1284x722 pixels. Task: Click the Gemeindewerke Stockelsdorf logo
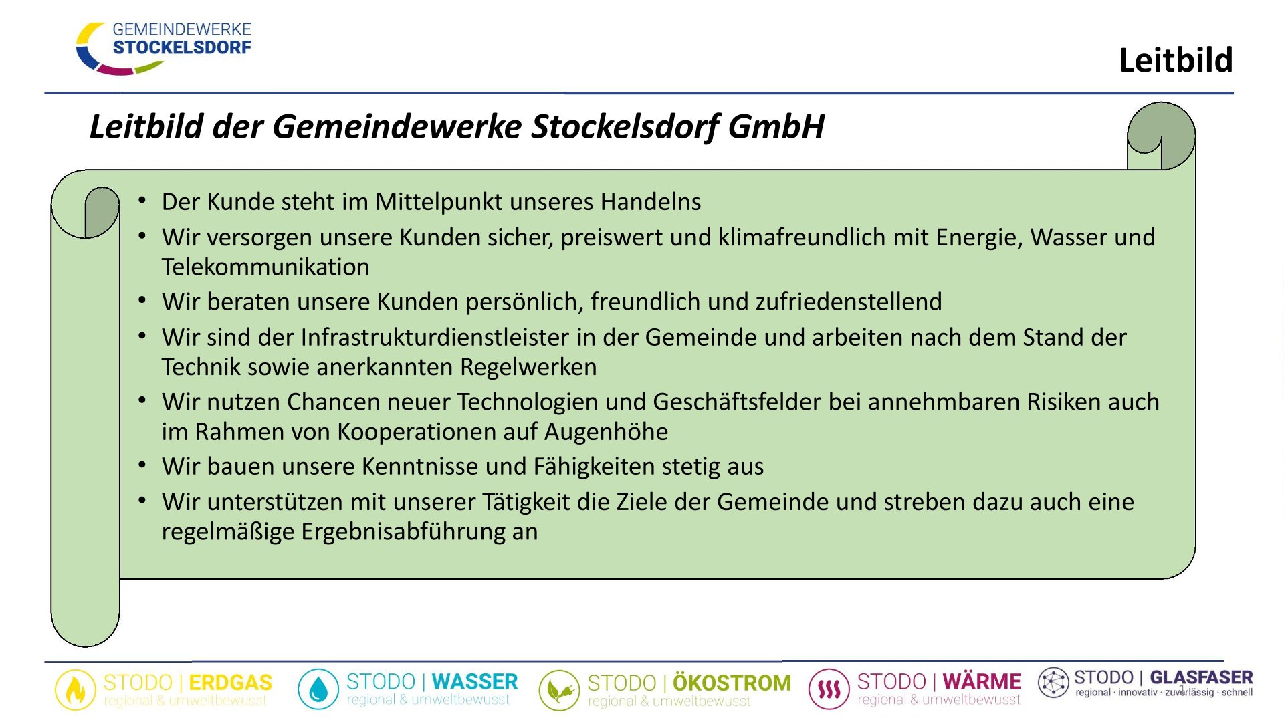click(x=164, y=48)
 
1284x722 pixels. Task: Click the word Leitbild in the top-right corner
click(x=1176, y=60)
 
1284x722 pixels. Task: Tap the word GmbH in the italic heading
click(x=776, y=126)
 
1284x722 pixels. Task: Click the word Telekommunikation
click(x=265, y=267)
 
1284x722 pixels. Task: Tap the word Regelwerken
click(x=528, y=367)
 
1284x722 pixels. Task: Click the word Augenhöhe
click(x=606, y=432)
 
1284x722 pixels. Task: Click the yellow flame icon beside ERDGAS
click(x=75, y=689)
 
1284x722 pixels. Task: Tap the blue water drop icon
click(x=318, y=689)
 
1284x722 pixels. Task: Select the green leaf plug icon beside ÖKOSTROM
click(x=559, y=690)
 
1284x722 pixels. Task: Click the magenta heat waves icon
click(x=829, y=689)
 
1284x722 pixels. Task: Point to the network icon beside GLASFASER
click(x=1053, y=683)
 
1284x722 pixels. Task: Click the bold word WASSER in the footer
click(x=475, y=682)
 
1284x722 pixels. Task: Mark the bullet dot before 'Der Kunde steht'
click(x=142, y=200)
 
